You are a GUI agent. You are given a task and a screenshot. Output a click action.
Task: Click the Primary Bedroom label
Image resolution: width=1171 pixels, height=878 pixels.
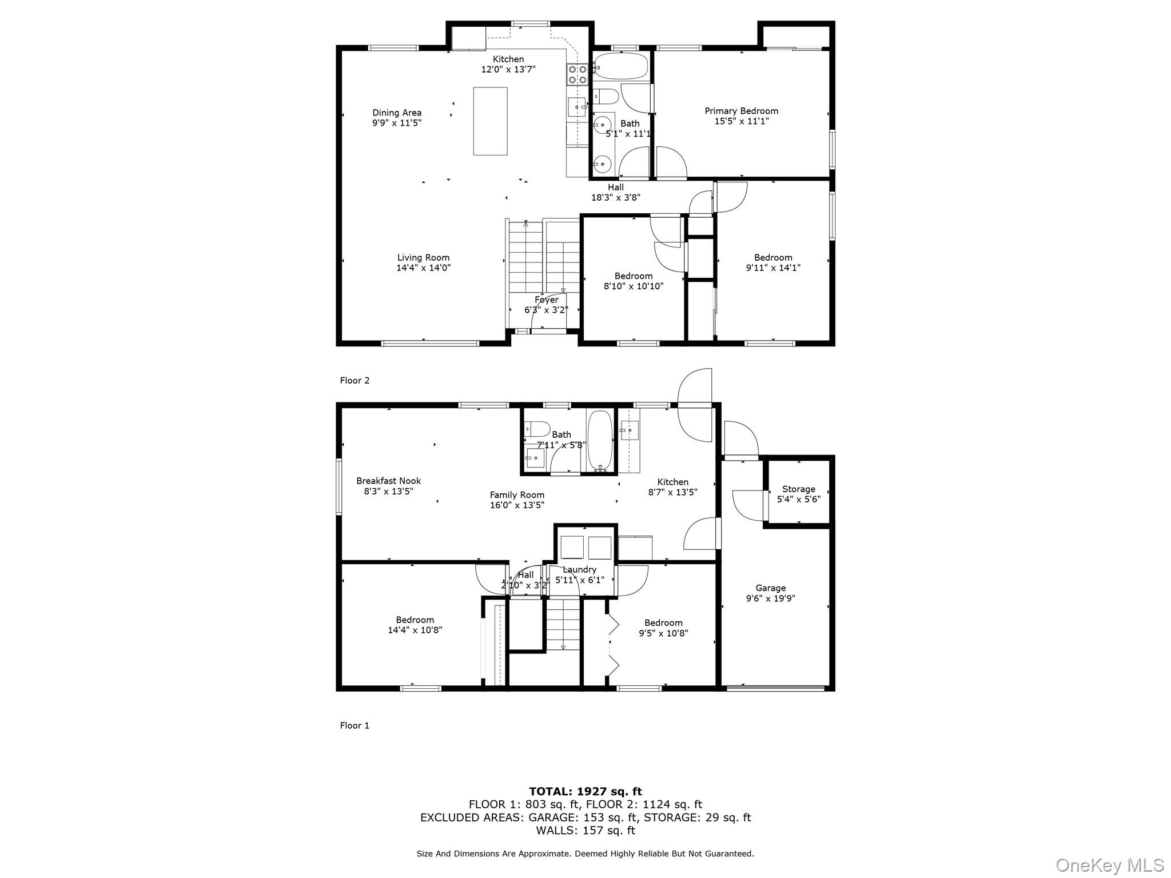coord(741,111)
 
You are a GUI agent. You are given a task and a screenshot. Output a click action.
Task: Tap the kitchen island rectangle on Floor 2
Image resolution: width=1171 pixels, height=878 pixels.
coord(490,121)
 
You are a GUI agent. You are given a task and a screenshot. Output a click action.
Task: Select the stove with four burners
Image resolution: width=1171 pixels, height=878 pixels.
coord(577,75)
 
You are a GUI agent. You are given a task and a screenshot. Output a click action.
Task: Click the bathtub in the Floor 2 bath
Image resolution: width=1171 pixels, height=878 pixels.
coord(620,66)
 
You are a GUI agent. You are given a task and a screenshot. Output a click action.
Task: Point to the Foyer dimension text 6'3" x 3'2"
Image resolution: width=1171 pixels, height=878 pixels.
coord(546,310)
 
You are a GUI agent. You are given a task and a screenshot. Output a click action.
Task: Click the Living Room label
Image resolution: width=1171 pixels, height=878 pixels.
coord(423,258)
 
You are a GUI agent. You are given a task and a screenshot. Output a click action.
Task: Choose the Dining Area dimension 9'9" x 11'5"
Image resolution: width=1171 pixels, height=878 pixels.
coord(396,123)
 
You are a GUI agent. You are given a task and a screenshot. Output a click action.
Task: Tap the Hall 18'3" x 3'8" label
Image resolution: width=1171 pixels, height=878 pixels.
coord(615,193)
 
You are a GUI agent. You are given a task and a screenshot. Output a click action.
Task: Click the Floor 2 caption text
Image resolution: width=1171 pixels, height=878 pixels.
coord(355,381)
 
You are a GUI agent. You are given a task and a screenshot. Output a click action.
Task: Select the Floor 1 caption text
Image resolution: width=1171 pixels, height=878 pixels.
coord(355,726)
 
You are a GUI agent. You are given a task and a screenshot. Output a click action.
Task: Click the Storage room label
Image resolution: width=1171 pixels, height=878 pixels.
coord(798,489)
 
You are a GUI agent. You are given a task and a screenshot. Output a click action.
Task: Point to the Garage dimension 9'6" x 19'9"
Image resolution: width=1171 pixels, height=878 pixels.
coord(770,598)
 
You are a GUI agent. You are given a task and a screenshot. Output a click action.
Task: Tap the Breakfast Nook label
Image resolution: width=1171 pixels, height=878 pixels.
coord(388,481)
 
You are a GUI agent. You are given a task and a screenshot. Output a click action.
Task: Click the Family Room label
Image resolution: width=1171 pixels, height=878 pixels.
coord(517,495)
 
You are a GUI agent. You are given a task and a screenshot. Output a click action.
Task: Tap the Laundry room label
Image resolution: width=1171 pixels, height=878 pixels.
coord(579,570)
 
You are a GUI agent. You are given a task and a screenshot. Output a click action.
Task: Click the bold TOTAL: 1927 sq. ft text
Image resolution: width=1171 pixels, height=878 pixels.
coord(585,792)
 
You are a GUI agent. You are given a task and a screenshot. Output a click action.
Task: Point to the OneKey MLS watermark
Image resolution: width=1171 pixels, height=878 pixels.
coord(1109,865)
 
